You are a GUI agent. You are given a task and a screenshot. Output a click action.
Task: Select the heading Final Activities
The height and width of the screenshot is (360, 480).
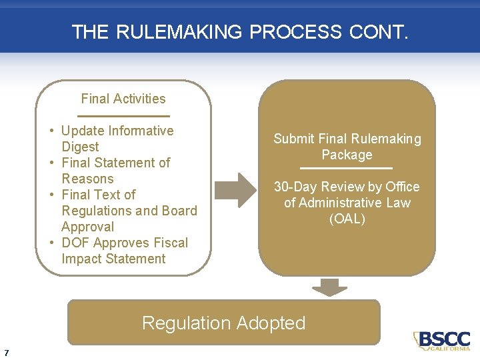[x=123, y=99]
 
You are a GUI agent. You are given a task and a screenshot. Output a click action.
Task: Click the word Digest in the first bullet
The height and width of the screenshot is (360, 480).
[x=80, y=147]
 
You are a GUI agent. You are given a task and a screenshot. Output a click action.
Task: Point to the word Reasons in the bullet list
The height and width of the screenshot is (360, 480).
[x=87, y=179]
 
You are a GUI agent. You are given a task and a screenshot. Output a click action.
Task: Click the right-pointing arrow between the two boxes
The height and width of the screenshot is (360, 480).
[x=237, y=190]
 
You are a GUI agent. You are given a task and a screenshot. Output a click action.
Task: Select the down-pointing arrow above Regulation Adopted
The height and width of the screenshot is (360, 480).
[x=329, y=287]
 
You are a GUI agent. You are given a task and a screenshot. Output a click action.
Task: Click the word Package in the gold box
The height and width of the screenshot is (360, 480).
[x=347, y=155]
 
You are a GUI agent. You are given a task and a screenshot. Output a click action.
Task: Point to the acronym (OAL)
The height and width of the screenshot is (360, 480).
[x=347, y=219]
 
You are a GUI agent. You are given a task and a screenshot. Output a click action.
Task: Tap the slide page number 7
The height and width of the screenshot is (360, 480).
[x=6, y=353]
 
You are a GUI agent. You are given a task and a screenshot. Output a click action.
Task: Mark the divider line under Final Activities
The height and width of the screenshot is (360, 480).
[x=123, y=116]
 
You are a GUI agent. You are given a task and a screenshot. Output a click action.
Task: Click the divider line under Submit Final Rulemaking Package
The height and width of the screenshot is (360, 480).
[x=347, y=168]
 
